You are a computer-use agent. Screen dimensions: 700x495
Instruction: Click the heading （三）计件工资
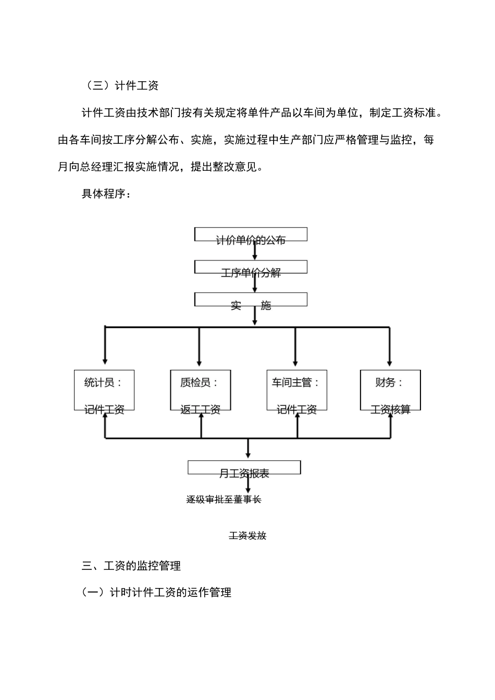coord(120,85)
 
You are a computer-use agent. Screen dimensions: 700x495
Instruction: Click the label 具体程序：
coord(107,194)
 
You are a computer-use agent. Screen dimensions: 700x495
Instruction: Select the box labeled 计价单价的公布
coord(251,235)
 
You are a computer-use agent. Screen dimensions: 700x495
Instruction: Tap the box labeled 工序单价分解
coord(251,268)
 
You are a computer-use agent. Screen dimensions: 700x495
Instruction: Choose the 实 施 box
coord(251,301)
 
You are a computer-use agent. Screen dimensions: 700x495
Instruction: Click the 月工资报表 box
coord(244,468)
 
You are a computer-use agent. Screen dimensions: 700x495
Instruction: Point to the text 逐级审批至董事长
coord(224,499)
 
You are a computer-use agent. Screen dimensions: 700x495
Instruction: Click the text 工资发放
coord(247,535)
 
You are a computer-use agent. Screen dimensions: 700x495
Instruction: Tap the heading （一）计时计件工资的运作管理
coord(156,592)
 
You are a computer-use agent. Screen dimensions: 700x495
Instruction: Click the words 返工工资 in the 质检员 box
coord(200,410)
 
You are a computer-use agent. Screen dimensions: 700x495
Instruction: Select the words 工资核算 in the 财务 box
coord(390,410)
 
